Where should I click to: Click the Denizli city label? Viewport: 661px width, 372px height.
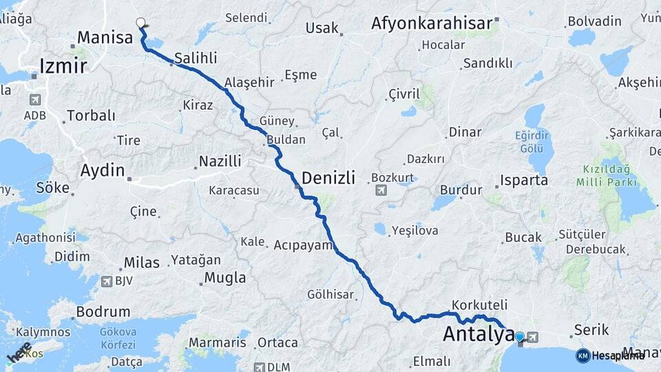(x=328, y=178)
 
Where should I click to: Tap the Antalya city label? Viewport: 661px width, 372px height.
(x=478, y=335)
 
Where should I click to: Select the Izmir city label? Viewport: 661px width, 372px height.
(x=63, y=66)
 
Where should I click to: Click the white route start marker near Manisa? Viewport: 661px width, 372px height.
(x=141, y=23)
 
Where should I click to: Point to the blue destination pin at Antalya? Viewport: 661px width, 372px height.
(x=520, y=338)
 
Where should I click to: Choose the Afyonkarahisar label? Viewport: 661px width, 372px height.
(x=434, y=23)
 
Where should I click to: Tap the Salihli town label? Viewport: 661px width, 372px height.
(x=196, y=58)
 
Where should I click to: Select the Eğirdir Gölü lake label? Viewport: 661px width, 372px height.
(x=533, y=141)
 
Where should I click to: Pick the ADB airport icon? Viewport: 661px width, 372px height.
(x=34, y=100)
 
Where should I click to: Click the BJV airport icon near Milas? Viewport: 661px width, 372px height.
(x=106, y=281)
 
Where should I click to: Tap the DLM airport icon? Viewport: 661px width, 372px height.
(x=259, y=367)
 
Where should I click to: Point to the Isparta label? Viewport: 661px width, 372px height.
(x=525, y=180)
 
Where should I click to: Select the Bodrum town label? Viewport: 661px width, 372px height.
(x=103, y=311)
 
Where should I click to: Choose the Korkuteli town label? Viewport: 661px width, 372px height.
(x=480, y=304)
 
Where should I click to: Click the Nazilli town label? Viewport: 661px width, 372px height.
(x=220, y=161)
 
